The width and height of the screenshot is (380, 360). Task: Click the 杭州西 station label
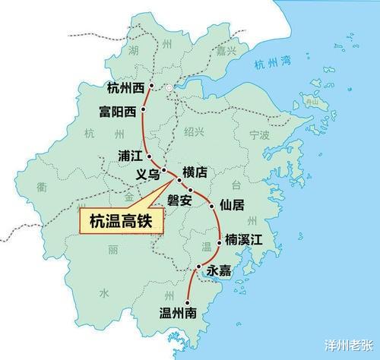click(125, 87)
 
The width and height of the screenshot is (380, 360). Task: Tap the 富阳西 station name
click(118, 112)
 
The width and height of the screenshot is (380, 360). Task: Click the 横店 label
click(195, 172)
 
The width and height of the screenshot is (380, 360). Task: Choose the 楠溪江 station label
click(243, 240)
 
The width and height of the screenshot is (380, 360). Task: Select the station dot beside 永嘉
click(198, 267)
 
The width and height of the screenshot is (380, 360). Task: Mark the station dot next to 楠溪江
click(220, 240)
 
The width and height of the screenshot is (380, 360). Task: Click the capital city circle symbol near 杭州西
click(169, 89)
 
